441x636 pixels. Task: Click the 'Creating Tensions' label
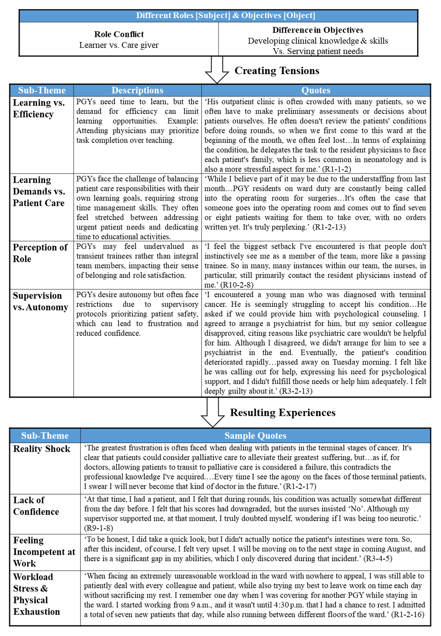[277, 71]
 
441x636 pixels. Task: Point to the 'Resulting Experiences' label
[283, 412]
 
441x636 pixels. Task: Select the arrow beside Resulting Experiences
[213, 412]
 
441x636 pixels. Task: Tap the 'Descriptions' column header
[137, 90]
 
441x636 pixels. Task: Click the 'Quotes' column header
[316, 90]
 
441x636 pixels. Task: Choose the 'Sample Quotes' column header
[255, 436]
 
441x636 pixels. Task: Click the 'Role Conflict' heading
[119, 34]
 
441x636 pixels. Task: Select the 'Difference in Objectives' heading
[318, 30]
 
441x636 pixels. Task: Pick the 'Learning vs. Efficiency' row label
[39, 108]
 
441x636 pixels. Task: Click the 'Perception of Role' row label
[40, 253]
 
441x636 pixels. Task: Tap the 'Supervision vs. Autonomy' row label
[40, 301]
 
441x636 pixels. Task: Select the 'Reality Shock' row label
[42, 449]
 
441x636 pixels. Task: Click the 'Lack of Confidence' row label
[36, 506]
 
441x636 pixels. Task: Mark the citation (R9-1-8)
[98, 528]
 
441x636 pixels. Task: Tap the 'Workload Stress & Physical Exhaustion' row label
[36, 594]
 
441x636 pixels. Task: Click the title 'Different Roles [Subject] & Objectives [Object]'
[226, 15]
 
